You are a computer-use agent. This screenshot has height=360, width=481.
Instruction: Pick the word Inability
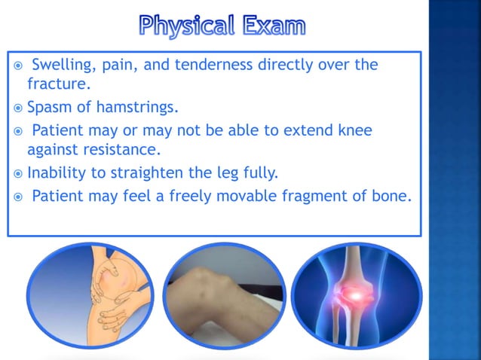tap(55, 174)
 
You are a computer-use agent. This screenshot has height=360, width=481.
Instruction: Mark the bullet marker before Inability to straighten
tap(18, 174)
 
